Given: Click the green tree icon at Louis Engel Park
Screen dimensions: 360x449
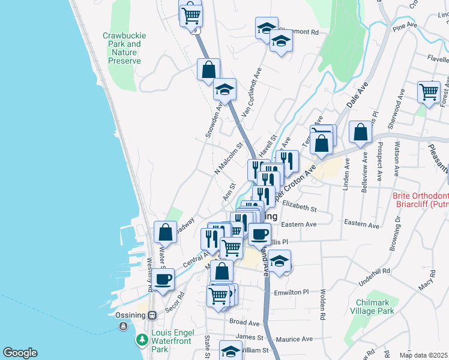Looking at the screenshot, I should [x=142, y=340].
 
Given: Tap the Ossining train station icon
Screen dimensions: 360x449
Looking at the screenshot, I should [x=152, y=315].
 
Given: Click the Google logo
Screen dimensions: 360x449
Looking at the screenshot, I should [x=20, y=353].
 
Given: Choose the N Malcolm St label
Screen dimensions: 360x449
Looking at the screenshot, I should [x=228, y=160].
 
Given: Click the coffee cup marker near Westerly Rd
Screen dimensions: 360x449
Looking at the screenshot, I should [x=163, y=278].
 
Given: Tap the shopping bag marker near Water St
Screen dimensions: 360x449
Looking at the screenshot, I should [x=165, y=232].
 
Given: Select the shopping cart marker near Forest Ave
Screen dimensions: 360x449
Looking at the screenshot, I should [x=429, y=92].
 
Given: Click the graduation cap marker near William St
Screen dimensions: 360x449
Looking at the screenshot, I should [x=231, y=351].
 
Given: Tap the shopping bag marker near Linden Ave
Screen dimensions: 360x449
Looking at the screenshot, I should [x=360, y=132].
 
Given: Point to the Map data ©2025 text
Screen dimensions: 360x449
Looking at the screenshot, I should [x=424, y=355].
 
